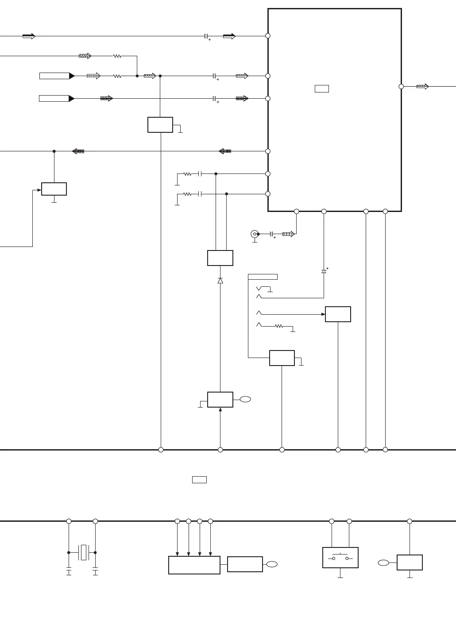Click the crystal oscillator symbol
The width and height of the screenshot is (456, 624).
(x=83, y=552)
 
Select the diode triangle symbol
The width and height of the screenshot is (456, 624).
(x=220, y=281)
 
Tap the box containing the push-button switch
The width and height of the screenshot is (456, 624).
(x=340, y=558)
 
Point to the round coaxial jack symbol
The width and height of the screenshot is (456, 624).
(x=255, y=234)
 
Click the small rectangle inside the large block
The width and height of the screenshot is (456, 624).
(x=321, y=89)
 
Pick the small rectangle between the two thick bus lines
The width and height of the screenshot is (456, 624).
(x=199, y=479)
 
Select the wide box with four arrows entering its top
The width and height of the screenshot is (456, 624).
(x=194, y=565)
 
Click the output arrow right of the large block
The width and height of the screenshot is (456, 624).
(x=422, y=87)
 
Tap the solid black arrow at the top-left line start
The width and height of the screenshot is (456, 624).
(x=29, y=36)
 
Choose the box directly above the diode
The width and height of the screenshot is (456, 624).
(x=220, y=258)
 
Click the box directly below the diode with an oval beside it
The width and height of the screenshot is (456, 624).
(x=220, y=400)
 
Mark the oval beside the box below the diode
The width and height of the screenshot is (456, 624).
(x=245, y=399)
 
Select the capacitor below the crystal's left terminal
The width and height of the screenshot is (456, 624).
(x=69, y=570)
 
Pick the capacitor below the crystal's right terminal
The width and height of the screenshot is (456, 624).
(x=95, y=570)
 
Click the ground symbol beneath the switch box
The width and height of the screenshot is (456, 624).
(x=340, y=577)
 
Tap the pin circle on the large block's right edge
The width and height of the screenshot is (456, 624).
(x=401, y=87)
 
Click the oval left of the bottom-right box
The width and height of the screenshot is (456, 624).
(x=383, y=563)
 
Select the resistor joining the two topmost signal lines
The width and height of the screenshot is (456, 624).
(x=117, y=56)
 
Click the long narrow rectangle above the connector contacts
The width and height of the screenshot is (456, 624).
(x=263, y=277)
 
